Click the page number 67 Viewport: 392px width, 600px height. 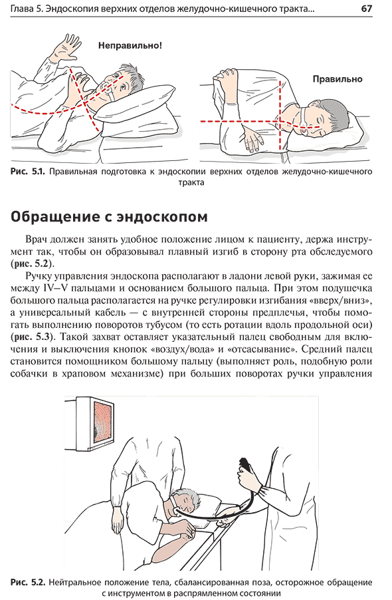(x=366, y=9)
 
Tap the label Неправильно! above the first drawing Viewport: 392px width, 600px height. (x=130, y=45)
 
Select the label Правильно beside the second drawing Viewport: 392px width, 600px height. (x=338, y=79)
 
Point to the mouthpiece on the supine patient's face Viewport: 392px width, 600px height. (x=108, y=90)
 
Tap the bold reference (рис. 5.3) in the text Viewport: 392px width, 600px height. (x=31, y=337)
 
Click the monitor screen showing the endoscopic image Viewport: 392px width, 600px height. (x=102, y=423)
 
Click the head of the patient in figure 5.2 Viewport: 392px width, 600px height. (x=187, y=500)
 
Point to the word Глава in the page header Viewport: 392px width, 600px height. (x=22, y=9)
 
